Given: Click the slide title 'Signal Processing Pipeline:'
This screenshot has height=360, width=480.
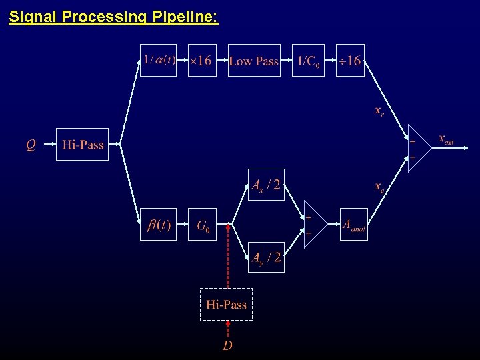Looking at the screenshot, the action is (x=113, y=17).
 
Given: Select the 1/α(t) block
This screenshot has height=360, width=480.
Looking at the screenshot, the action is (x=158, y=61).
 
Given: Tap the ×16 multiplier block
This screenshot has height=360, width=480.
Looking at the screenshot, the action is (x=202, y=61).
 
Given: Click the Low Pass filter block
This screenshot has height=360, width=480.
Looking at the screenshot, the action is (x=254, y=61).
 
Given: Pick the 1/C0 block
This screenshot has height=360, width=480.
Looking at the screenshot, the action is (x=308, y=61).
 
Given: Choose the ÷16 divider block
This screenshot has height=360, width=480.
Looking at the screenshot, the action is (x=350, y=61).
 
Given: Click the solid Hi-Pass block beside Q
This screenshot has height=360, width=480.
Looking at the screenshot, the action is (x=82, y=144).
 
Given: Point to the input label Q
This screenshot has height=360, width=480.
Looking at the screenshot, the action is (x=31, y=144).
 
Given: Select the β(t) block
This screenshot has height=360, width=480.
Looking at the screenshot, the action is (x=158, y=225).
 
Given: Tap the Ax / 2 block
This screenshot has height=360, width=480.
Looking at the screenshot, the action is (x=266, y=185).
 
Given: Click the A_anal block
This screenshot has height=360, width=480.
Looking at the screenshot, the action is (x=353, y=225).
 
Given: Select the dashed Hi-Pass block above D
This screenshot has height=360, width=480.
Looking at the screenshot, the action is (x=227, y=305).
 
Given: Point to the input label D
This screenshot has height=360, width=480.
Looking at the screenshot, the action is (x=227, y=345).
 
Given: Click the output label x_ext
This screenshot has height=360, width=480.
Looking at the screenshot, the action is (x=446, y=139).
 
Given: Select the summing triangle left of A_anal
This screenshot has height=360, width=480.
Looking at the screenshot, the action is (x=313, y=225).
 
